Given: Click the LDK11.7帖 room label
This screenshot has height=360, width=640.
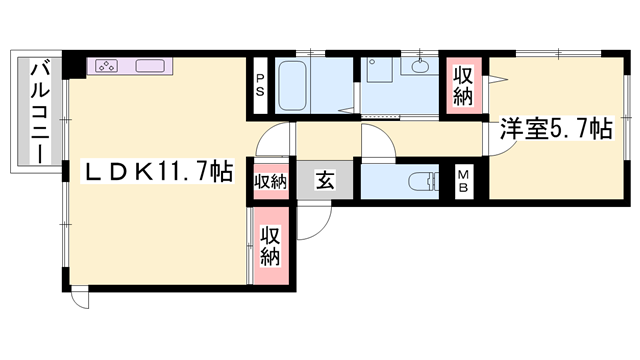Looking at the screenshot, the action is click(158, 172).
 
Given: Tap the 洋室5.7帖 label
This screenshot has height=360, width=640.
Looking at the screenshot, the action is click(557, 129).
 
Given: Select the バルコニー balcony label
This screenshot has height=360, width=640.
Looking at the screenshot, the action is click(40, 111).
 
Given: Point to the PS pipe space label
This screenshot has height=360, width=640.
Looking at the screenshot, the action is click(260, 85).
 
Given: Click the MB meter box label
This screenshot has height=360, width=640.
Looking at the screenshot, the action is click(463, 181).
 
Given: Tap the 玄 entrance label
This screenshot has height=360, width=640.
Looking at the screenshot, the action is click(325, 180).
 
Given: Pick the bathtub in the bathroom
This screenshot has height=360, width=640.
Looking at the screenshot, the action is click(292, 86).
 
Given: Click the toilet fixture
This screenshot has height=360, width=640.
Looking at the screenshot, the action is click(424, 182).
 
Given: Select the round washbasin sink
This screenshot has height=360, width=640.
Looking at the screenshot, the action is click(419, 66).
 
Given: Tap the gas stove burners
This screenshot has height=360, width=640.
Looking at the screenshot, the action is click(107, 66).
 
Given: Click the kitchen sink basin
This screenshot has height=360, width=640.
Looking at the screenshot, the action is click(150, 66).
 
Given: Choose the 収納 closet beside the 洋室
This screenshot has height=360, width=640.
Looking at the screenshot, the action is click(463, 86).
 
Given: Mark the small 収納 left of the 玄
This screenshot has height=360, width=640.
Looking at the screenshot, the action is click(271, 182).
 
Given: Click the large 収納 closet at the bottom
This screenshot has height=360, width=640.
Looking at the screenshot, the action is click(271, 246).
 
